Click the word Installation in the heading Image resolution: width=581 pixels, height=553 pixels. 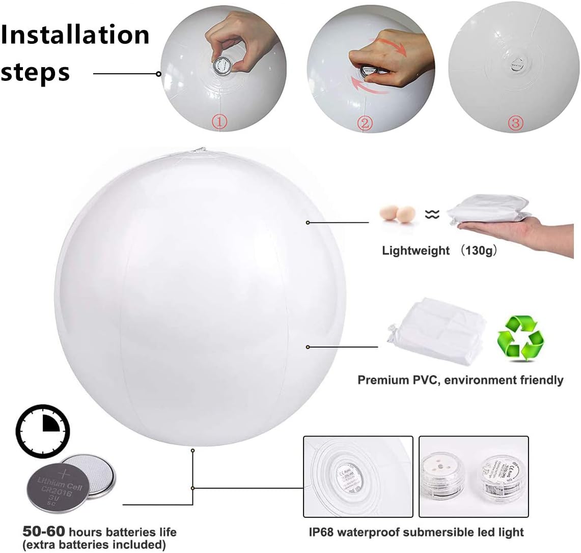pyautogui.click(x=75, y=35)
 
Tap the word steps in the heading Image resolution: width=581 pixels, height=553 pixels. pyautogui.click(x=36, y=72)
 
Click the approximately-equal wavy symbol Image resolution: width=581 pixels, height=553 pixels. pyautogui.click(x=432, y=215)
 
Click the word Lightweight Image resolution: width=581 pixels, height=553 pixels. pyautogui.click(x=416, y=250)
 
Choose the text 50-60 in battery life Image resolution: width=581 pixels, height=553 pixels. pyautogui.click(x=44, y=532)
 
